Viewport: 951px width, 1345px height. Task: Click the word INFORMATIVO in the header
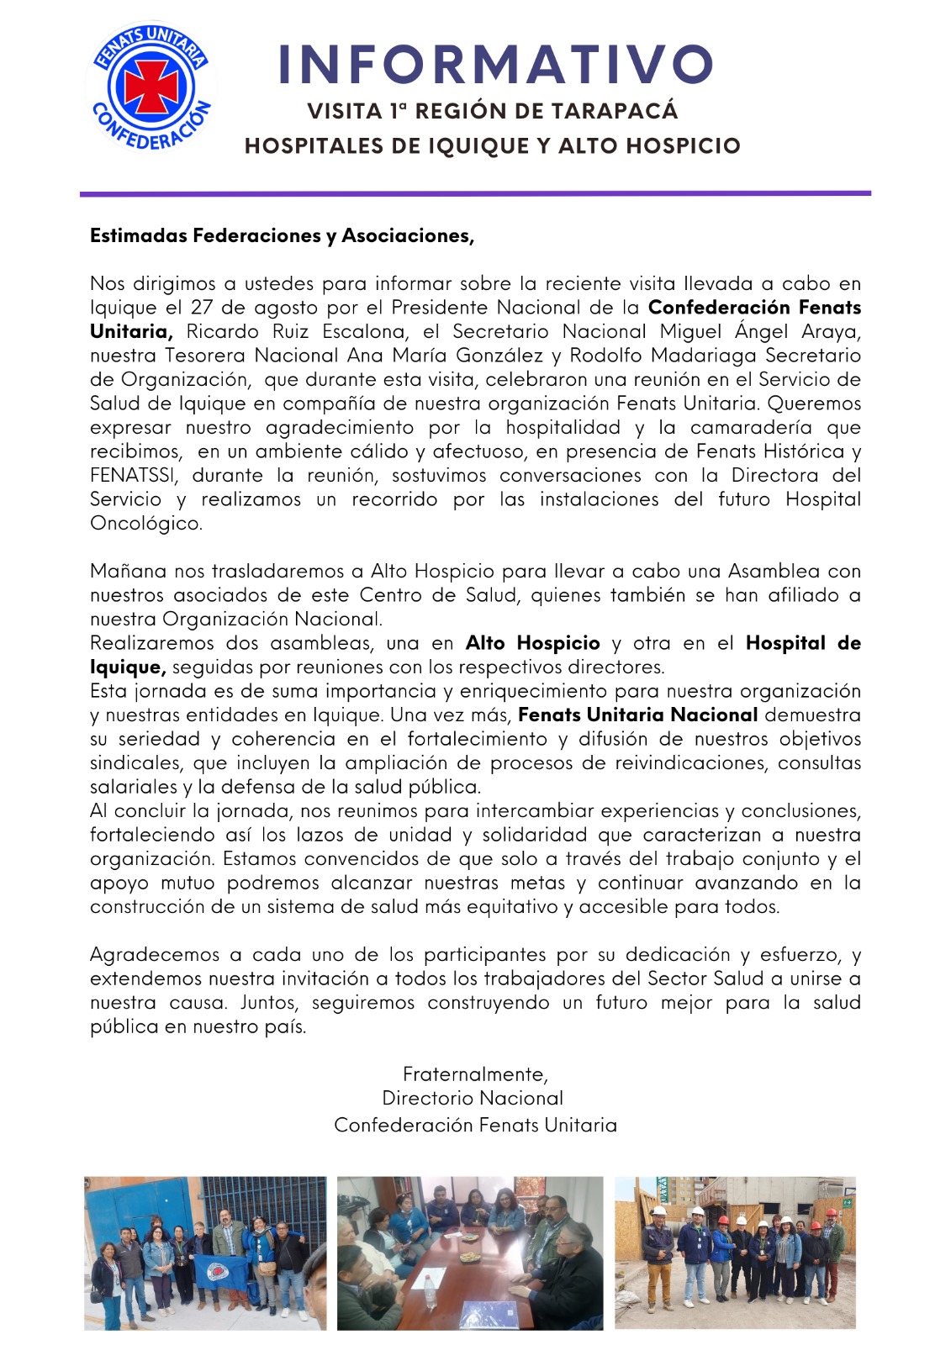click(x=495, y=65)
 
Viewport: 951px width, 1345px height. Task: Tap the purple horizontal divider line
click(x=475, y=194)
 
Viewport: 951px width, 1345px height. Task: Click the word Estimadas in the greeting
click(x=139, y=236)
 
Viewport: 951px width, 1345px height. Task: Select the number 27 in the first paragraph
click(x=201, y=308)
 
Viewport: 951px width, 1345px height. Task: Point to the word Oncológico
click(x=145, y=524)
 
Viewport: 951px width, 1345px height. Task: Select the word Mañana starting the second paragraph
click(x=128, y=572)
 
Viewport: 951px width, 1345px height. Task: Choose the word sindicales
click(x=135, y=763)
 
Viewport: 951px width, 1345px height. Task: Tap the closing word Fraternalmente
click(x=475, y=1074)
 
